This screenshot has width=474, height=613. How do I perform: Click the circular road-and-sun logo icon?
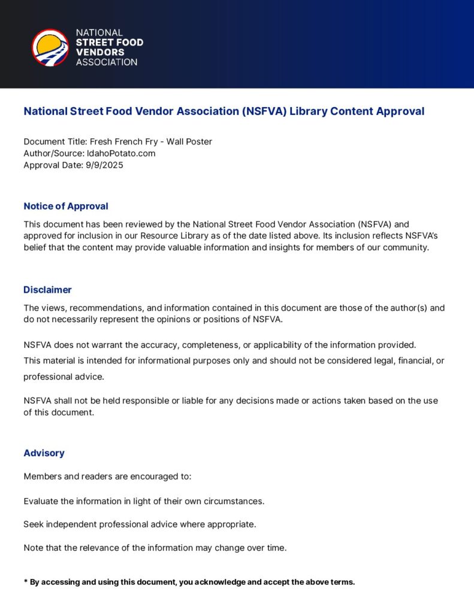pyautogui.click(x=50, y=47)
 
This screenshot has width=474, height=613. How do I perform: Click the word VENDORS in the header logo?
pyautogui.click(x=100, y=52)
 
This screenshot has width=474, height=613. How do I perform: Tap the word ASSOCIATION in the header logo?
pyautogui.click(x=107, y=62)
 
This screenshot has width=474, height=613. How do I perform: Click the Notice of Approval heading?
pyautogui.click(x=66, y=207)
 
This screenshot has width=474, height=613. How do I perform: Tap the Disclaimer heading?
pyautogui.click(x=47, y=290)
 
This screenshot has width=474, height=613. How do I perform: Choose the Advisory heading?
pyautogui.click(x=44, y=453)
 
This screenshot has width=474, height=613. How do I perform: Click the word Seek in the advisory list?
pyautogui.click(x=33, y=524)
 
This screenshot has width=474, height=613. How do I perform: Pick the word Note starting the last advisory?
pyautogui.click(x=34, y=548)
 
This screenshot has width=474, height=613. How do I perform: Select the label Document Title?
pyautogui.click(x=55, y=142)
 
